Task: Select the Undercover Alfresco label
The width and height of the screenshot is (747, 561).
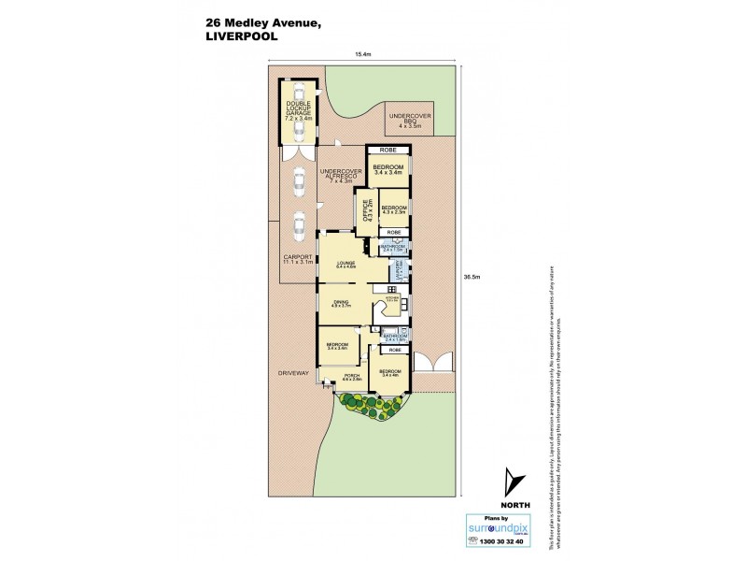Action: point(340,175)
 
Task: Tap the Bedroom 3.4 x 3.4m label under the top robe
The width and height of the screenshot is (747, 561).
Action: point(388,169)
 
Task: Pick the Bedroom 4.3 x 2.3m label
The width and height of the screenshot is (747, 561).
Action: point(393,209)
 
